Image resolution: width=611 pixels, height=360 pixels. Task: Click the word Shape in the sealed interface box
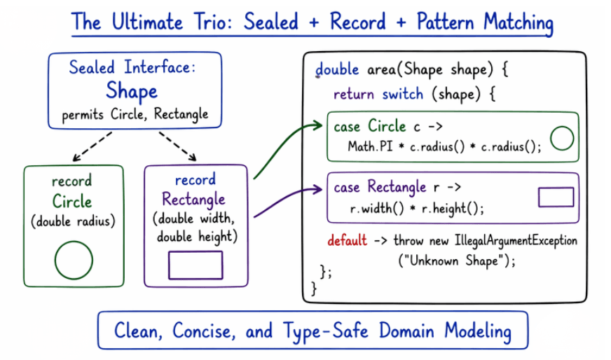coord(132,91)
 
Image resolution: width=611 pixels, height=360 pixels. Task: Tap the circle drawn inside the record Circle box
coord(74,262)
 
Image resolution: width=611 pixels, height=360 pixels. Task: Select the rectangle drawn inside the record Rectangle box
coord(195,265)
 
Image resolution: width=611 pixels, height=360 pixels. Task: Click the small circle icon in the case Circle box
coord(562,139)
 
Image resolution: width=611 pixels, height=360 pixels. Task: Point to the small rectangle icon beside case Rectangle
coord(556,198)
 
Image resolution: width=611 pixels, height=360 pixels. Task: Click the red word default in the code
coord(347,241)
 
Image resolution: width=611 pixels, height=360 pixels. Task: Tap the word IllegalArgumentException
coord(510,241)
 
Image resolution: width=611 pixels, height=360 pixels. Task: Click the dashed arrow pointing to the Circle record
coord(93,146)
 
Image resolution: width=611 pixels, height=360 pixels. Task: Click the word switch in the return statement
coord(402,94)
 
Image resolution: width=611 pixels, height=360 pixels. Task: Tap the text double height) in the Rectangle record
coord(197,237)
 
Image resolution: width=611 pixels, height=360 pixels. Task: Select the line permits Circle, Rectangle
coord(135,114)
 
